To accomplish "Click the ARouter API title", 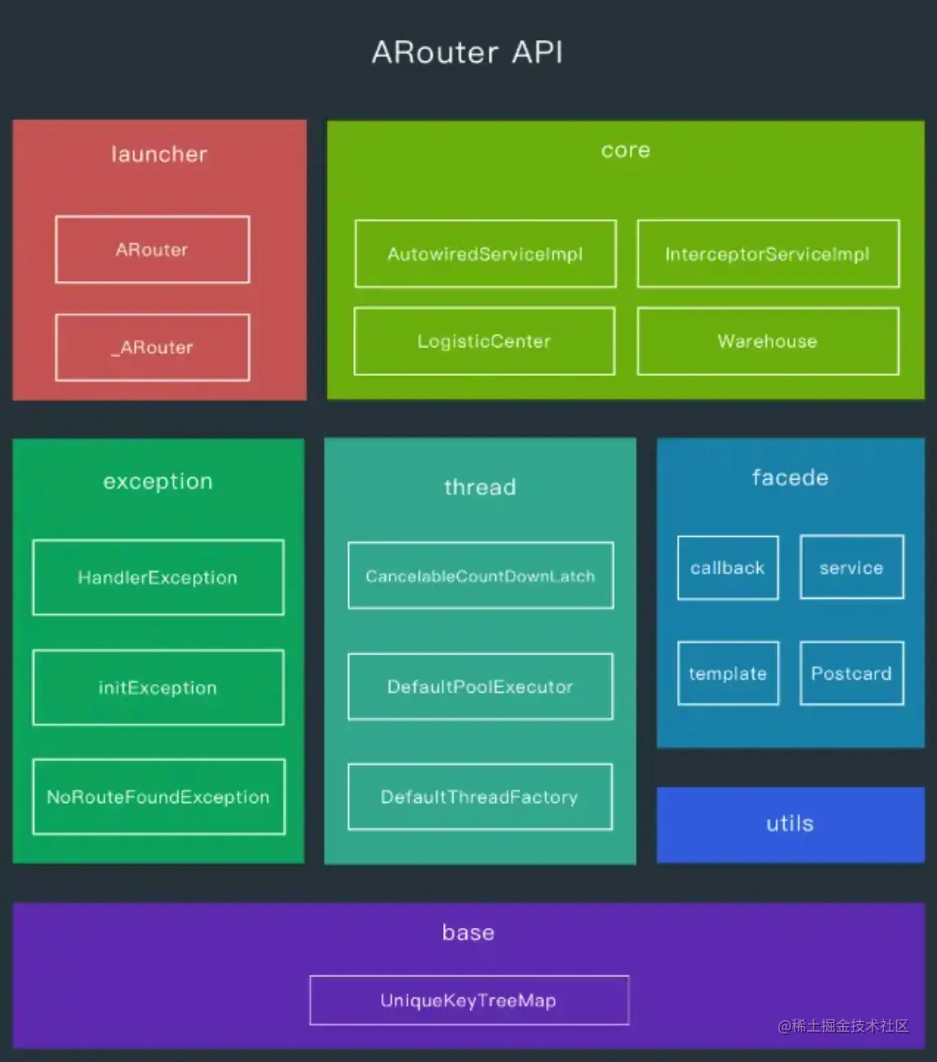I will (x=467, y=52).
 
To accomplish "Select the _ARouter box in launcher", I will (x=152, y=347).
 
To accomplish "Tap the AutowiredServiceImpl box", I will (x=485, y=254).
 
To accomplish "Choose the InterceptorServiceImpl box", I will (x=768, y=254).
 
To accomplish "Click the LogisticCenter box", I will (x=484, y=341).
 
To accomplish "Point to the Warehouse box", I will (x=768, y=341).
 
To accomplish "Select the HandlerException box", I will (x=158, y=578).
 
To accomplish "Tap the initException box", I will (x=158, y=688).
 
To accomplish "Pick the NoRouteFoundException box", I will (x=159, y=796).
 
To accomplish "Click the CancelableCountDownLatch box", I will (x=480, y=576).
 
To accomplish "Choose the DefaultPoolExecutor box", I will (x=480, y=687).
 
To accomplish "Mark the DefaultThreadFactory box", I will (x=480, y=796).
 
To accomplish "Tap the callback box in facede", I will (x=728, y=568).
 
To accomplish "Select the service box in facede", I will (x=851, y=568).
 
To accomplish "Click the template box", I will (x=728, y=674).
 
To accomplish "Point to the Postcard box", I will (x=851, y=674).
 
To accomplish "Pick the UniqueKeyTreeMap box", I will (x=468, y=1001).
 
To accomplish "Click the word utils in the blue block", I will (x=790, y=823).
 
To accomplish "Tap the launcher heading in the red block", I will (x=159, y=154).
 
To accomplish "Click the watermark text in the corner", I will (x=843, y=1026).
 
